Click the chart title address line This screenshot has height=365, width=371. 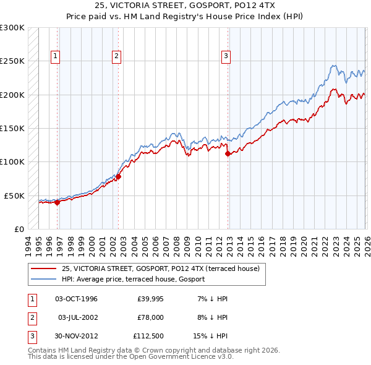pos(185,6)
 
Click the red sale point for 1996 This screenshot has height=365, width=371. pos(57,202)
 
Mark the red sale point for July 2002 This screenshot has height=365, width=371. pos(117,176)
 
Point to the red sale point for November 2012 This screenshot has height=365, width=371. pos(228,153)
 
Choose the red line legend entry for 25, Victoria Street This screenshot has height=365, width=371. pos(164,268)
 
